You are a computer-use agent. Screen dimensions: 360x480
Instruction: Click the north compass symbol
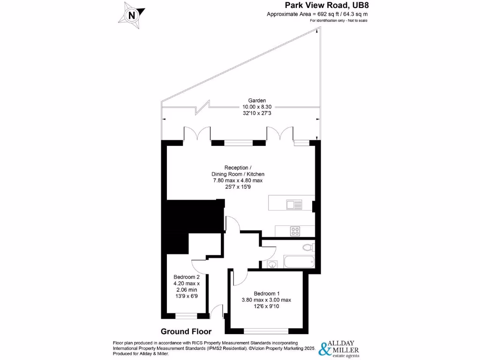pos(132,15)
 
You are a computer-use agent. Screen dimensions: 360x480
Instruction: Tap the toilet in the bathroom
pos(307,247)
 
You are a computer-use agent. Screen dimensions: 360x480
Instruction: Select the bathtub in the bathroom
pos(299,262)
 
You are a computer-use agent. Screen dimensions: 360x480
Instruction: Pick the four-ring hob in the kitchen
pos(296,230)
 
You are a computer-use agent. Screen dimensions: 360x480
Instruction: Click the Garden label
pos(257,100)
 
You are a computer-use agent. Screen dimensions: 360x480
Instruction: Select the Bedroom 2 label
pos(187,277)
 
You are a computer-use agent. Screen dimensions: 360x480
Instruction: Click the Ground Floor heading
pos(186,331)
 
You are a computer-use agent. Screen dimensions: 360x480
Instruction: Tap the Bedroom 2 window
pos(186,315)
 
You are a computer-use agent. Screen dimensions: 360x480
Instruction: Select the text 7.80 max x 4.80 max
pos(237,180)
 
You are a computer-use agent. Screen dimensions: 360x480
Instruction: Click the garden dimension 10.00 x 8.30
pos(257,107)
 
